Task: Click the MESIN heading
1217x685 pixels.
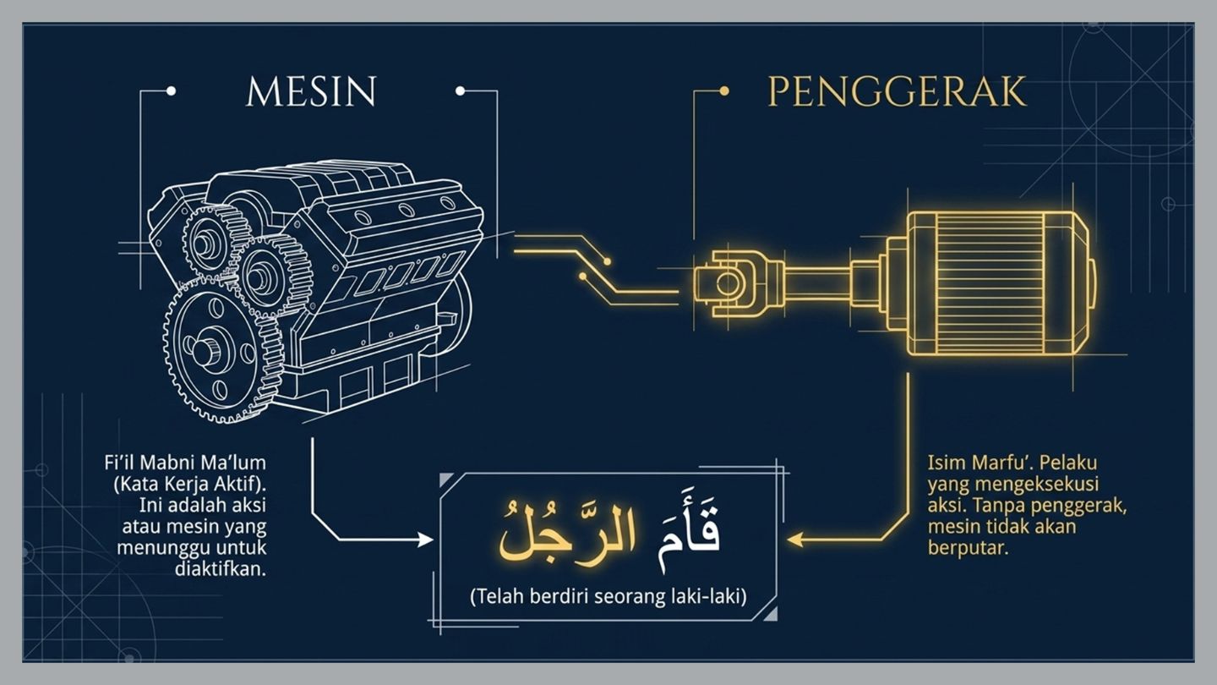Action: [x=311, y=91]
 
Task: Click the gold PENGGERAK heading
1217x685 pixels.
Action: [x=898, y=91]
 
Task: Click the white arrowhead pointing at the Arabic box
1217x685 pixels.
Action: [x=425, y=540]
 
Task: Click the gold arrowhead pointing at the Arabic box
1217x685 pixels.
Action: [x=794, y=540]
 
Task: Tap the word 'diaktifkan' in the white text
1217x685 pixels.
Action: [x=221, y=569]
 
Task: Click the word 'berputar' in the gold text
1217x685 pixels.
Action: [x=968, y=548]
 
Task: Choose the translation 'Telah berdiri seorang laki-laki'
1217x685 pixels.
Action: [x=608, y=597]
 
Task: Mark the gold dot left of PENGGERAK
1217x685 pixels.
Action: [x=723, y=90]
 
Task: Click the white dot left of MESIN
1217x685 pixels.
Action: [x=171, y=90]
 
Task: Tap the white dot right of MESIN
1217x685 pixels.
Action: [x=460, y=90]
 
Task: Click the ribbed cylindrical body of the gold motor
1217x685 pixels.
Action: [x=989, y=283]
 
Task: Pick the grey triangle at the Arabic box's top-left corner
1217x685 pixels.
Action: [x=445, y=479]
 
